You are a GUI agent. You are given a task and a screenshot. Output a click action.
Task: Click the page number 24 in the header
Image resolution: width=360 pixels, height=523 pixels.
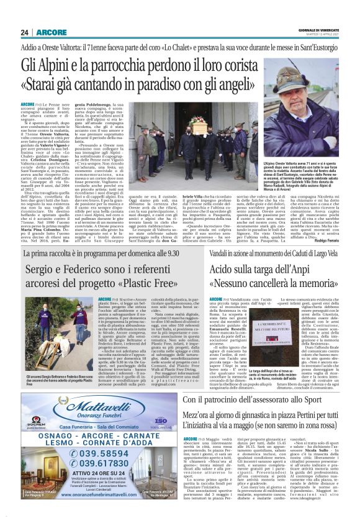click(x=24, y=32)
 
